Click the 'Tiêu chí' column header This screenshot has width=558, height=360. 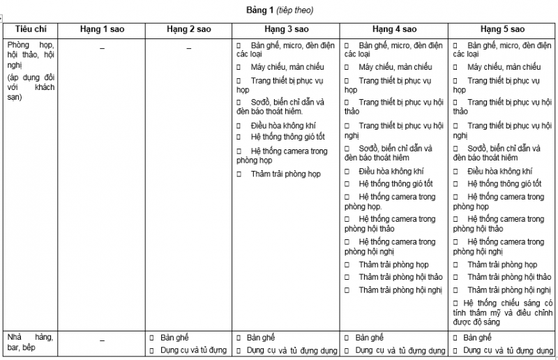click(x=29, y=30)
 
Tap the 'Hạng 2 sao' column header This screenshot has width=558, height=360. click(x=188, y=30)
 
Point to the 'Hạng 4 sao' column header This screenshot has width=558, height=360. click(x=394, y=30)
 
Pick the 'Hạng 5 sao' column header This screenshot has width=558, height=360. click(x=502, y=30)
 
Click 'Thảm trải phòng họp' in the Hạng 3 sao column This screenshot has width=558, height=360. click(x=285, y=174)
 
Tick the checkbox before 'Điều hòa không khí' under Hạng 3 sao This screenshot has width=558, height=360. click(x=239, y=126)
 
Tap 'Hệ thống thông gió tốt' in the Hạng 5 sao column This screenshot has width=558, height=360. click(x=504, y=183)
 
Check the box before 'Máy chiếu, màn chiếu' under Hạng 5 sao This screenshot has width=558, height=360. click(x=455, y=67)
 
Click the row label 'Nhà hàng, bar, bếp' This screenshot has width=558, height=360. click(x=29, y=342)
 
